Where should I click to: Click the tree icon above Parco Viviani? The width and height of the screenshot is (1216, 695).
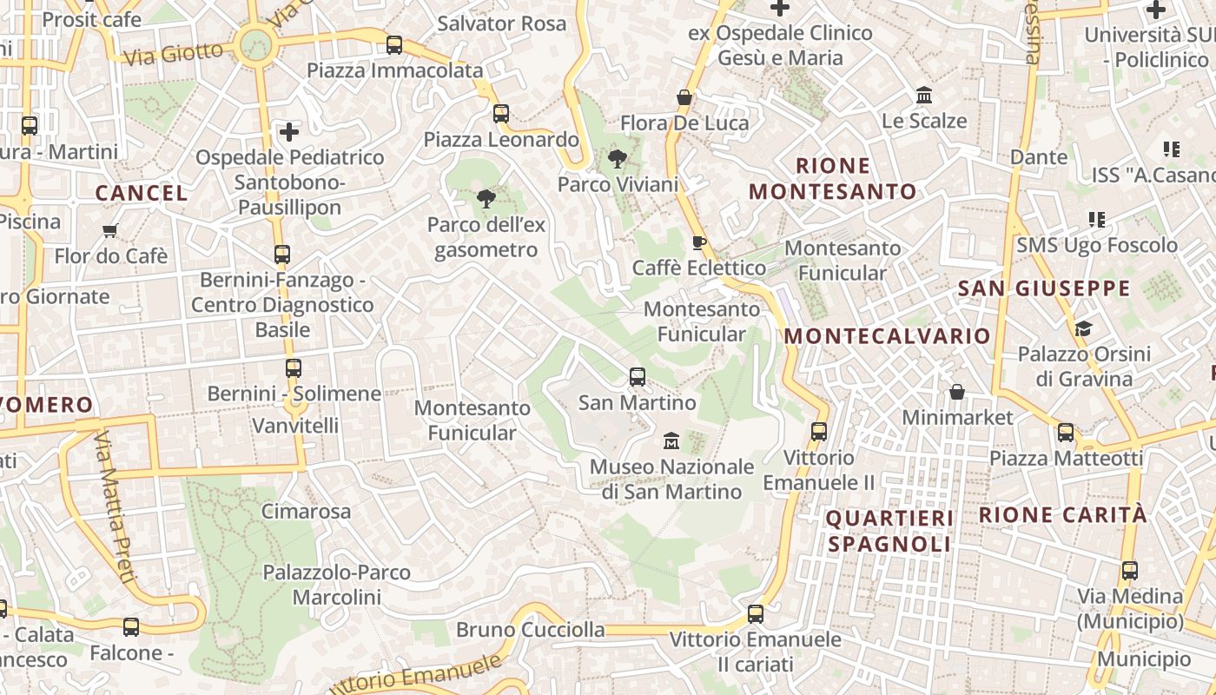pos(618,159)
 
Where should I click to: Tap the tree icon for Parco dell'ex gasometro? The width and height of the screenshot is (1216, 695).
pos(486,199)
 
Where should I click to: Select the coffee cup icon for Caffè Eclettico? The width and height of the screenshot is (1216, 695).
pos(698,242)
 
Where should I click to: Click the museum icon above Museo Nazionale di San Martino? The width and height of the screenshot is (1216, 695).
pos(671,441)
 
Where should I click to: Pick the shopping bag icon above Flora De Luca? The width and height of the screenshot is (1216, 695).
pos(684,97)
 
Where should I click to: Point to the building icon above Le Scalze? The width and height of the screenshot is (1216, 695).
pos(924,95)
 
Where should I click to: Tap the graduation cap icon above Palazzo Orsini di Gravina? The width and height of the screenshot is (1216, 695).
pos(1083,328)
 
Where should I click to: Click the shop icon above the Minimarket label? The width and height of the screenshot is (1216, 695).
pos(956,392)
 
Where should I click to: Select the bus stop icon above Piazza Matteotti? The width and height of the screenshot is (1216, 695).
pos(1066,432)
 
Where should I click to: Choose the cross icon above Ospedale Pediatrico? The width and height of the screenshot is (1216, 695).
pos(289,132)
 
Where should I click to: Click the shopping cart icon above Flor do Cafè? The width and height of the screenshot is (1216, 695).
pos(110,231)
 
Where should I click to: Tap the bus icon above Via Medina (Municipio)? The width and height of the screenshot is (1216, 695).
pos(1130,571)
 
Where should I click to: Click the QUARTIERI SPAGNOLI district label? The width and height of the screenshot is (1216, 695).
pos(889,531)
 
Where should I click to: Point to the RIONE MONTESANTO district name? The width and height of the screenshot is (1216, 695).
pos(833,178)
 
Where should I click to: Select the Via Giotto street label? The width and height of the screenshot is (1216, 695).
pos(174,54)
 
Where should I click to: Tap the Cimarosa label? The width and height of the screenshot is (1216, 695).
pos(307,511)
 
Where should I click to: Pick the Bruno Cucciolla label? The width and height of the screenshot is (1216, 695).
pos(530,629)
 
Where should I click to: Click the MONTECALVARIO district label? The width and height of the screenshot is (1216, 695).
pos(887,336)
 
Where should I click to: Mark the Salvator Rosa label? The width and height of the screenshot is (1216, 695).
pos(502,23)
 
